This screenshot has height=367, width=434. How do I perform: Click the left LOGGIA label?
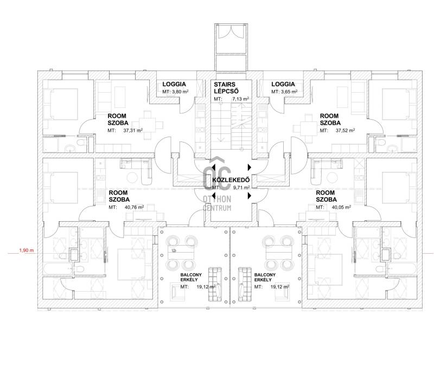174,85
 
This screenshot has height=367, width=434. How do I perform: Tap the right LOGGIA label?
283,85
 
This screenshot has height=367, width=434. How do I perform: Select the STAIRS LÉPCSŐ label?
226,88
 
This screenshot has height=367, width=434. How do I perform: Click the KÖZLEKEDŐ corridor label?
231,180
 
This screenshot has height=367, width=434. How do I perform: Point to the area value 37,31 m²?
133,130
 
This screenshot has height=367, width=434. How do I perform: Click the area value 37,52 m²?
346,130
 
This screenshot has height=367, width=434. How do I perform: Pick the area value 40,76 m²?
134,207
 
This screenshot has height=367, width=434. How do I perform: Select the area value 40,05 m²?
341,207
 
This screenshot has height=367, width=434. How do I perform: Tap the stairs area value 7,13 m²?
240,99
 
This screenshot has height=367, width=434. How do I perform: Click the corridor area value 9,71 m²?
241,188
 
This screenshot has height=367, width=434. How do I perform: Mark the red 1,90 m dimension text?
27,250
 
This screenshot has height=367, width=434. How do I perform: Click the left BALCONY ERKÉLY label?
191,277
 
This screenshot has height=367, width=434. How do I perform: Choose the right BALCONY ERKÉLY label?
265,277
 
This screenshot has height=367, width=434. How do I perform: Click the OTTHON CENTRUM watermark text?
217,203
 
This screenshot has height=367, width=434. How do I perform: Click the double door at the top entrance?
231,31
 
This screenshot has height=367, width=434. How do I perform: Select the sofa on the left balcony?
215,284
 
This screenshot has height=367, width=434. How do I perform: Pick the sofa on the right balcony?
245,284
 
